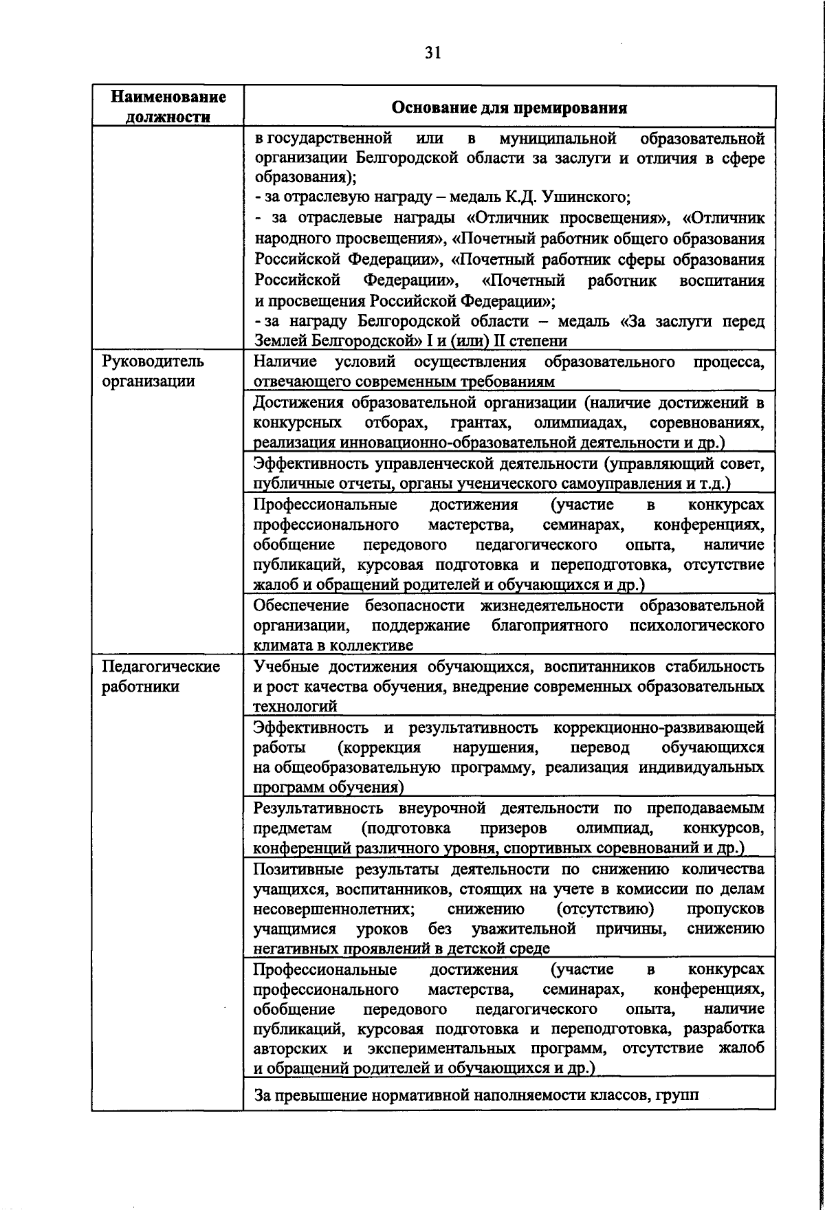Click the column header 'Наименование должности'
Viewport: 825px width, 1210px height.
168,107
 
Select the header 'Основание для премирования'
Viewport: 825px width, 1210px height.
509,108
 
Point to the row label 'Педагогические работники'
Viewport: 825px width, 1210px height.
160,676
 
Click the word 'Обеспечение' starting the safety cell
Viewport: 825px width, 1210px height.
301,606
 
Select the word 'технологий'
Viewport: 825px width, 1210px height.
295,706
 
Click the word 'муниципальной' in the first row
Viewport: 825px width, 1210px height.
556,138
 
